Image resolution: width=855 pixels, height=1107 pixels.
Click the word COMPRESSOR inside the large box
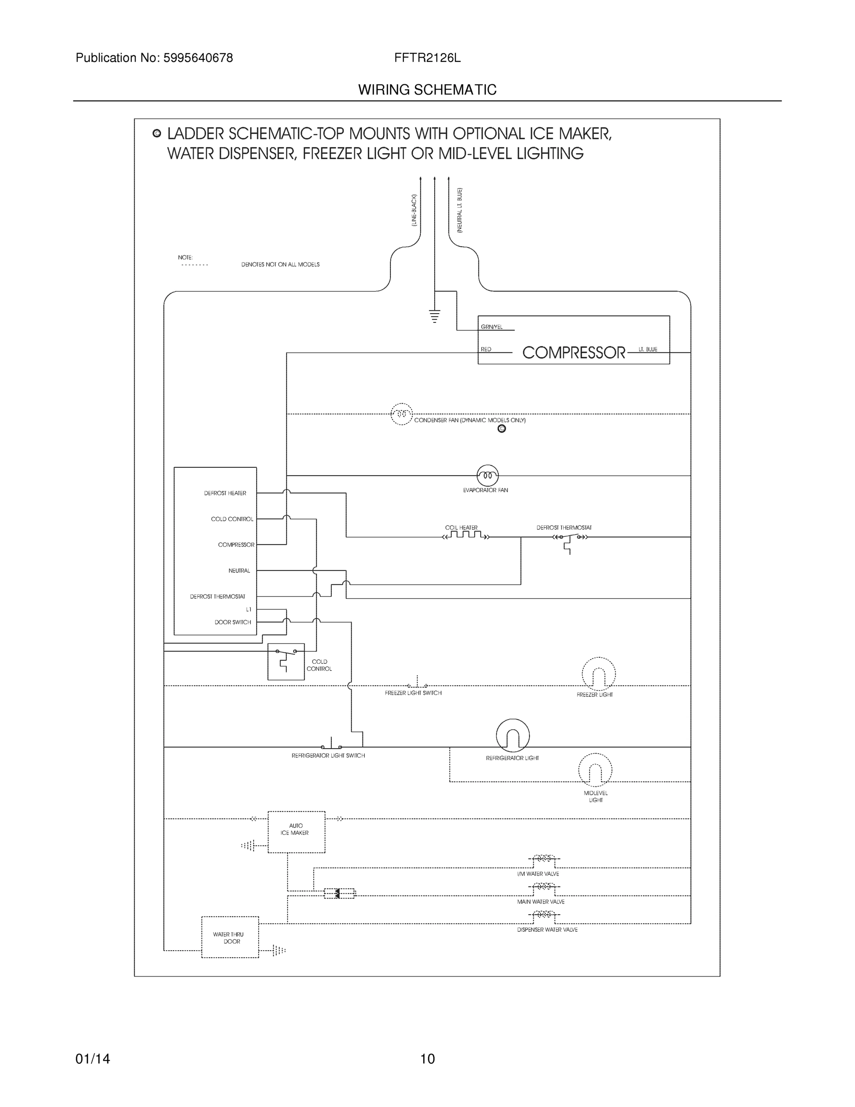[x=573, y=352]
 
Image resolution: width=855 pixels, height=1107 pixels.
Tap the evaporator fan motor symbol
[x=487, y=476]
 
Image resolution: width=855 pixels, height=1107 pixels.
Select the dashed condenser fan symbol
[x=401, y=414]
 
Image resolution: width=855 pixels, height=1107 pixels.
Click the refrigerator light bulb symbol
[x=513, y=736]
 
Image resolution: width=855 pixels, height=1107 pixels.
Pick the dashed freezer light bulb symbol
[x=598, y=674]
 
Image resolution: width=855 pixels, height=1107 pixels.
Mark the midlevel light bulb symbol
[x=595, y=770]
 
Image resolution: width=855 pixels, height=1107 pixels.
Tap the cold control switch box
[x=286, y=661]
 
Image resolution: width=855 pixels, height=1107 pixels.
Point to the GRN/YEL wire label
[x=491, y=327]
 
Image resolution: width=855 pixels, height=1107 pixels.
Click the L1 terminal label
[x=248, y=609]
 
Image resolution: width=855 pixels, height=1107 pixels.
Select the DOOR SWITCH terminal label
[x=232, y=622]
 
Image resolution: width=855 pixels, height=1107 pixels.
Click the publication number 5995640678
[x=198, y=58]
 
